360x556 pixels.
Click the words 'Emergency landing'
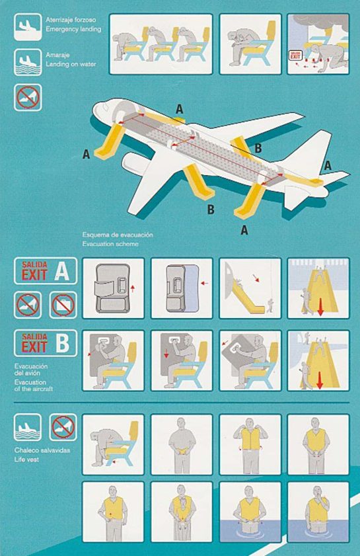click(x=73, y=29)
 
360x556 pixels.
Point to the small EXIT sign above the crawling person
click(x=298, y=57)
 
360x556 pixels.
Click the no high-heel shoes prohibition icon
click(x=27, y=305)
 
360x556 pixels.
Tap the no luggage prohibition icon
click(x=63, y=305)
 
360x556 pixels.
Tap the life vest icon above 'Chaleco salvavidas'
click(x=27, y=427)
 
